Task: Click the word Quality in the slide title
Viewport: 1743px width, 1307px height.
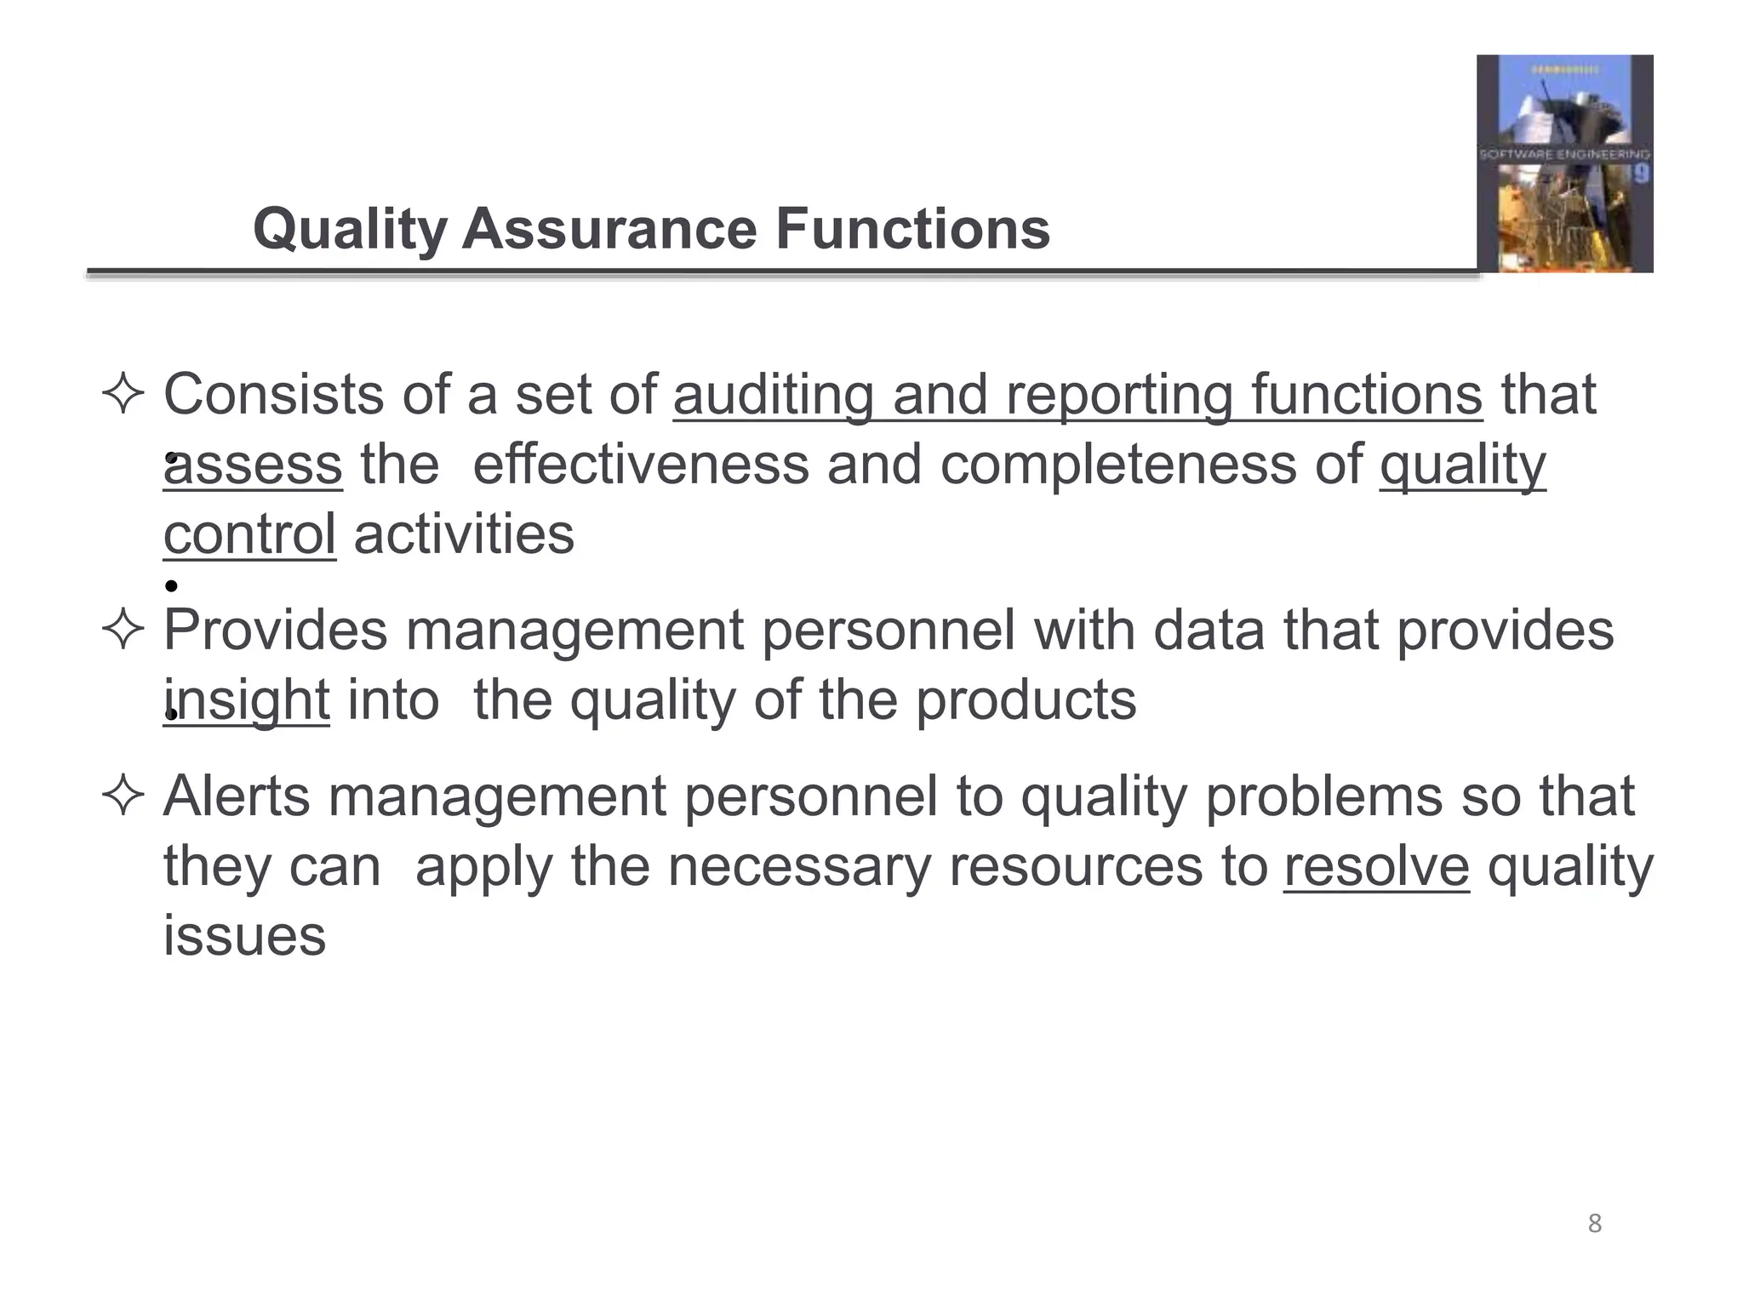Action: [x=350, y=230]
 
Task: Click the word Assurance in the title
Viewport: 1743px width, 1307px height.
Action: [x=609, y=230]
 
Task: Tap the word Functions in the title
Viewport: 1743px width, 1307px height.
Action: [x=912, y=230]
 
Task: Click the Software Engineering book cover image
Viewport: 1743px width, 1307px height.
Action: [x=1564, y=163]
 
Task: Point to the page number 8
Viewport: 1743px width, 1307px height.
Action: [x=1595, y=1224]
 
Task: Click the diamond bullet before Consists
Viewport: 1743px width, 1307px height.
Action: [x=123, y=396]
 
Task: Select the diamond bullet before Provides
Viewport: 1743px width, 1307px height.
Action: [x=123, y=631]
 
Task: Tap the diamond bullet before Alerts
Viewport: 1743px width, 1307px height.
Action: [x=123, y=797]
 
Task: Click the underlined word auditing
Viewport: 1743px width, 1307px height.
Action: [x=773, y=396]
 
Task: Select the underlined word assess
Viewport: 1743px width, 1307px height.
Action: [x=253, y=465]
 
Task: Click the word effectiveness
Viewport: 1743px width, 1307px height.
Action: [x=640, y=465]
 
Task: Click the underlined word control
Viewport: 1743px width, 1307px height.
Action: [x=249, y=535]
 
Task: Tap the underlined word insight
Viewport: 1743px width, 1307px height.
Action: [x=246, y=701]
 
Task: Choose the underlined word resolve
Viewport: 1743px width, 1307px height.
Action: [x=1376, y=867]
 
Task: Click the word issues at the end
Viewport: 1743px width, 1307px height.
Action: [x=244, y=937]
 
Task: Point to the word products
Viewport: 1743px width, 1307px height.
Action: [x=1026, y=701]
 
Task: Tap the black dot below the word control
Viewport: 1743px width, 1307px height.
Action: [x=171, y=585]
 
